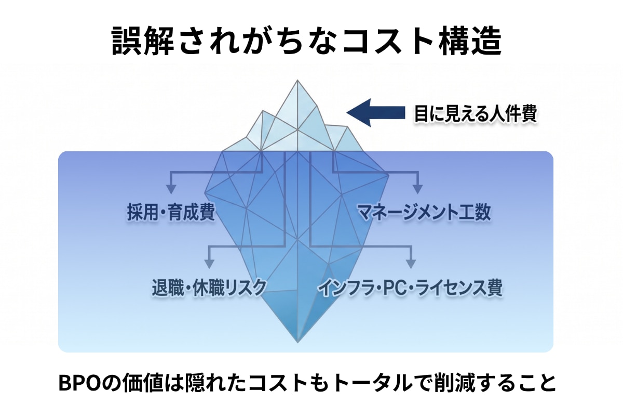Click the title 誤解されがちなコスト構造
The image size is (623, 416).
point(306,41)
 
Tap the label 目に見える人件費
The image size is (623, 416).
point(476,113)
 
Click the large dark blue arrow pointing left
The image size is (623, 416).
point(376,112)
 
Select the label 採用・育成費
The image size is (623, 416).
point(171,212)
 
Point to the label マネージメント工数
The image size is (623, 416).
point(424,212)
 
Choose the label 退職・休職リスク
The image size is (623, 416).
point(209,287)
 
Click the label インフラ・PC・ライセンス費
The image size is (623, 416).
point(411,288)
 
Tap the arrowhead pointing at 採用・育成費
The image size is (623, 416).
point(171,189)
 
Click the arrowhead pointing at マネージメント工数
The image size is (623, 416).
point(417,189)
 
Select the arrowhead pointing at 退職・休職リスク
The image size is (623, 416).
point(209,264)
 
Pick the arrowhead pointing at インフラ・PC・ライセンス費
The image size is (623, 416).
point(411,264)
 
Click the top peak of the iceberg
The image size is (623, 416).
point(297,80)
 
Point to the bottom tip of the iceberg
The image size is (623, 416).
point(297,342)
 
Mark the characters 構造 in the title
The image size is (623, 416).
point(470,41)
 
